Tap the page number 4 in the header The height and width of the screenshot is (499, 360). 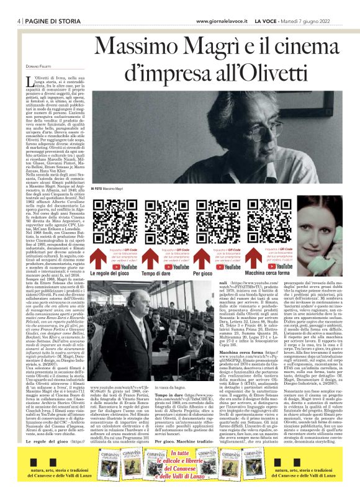(4, 21)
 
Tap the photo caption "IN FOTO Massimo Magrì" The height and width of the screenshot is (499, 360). (114, 187)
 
